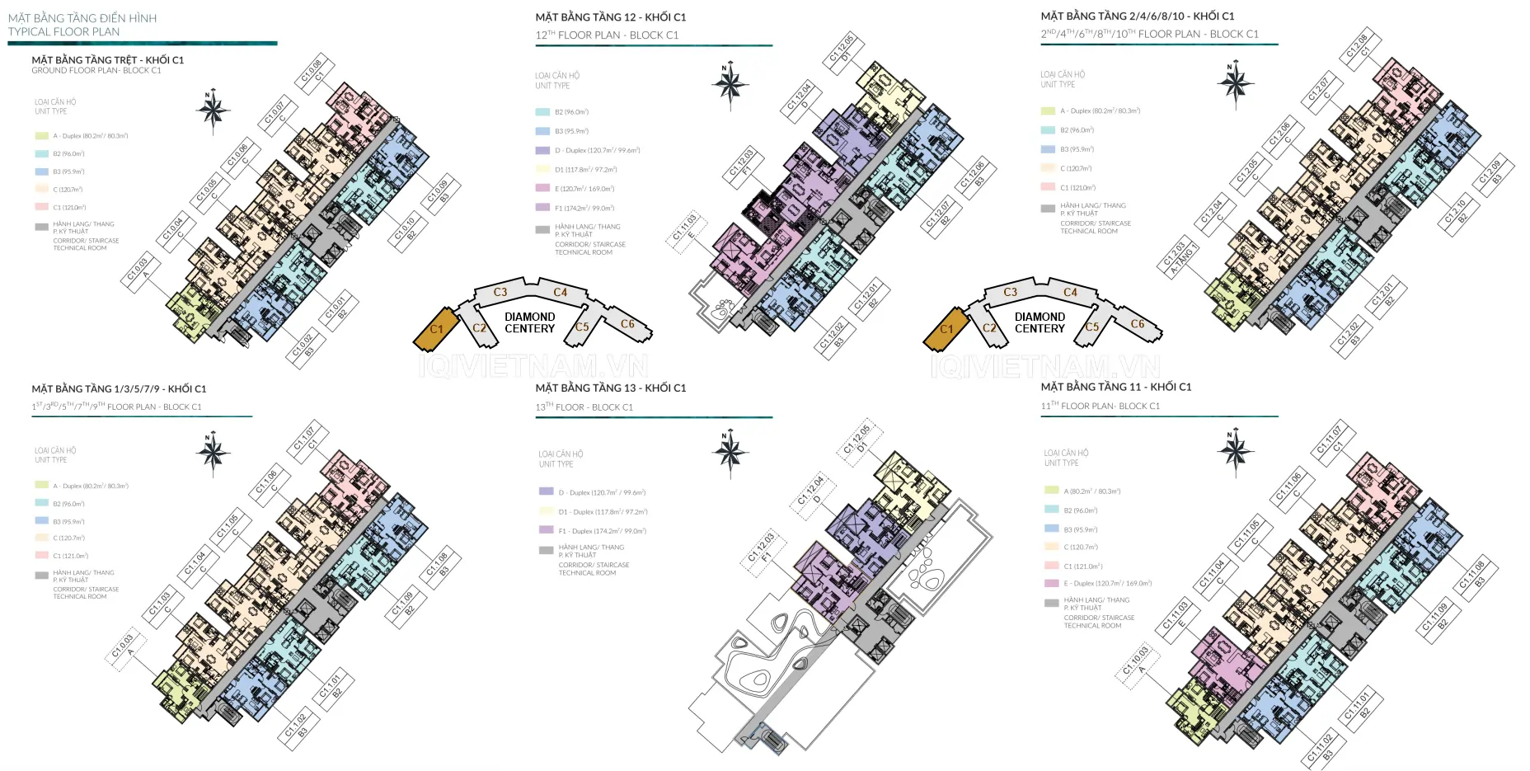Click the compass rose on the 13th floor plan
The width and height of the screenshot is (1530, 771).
click(x=730, y=451)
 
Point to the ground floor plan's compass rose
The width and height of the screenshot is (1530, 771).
click(x=213, y=109)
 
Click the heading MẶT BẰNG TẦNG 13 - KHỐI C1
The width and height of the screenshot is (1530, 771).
click(x=610, y=388)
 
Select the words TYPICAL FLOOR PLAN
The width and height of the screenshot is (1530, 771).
click(x=63, y=32)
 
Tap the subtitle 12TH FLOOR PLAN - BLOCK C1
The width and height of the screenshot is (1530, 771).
click(x=607, y=35)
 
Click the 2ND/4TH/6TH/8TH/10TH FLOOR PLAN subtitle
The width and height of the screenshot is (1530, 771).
click(x=1149, y=35)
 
